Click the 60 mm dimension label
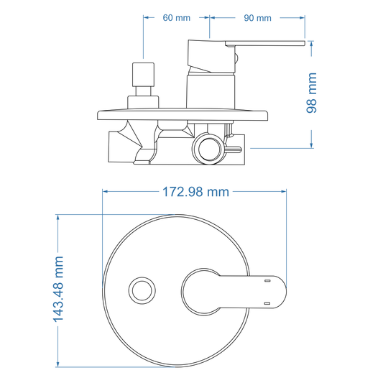pos(177,17)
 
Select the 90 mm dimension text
pos(258,17)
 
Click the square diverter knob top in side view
pos(142,73)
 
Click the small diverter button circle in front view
pos(141,291)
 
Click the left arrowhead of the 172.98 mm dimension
pos(107,192)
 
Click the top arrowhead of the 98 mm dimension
pos(312,45)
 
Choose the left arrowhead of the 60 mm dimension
pos(147,17)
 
